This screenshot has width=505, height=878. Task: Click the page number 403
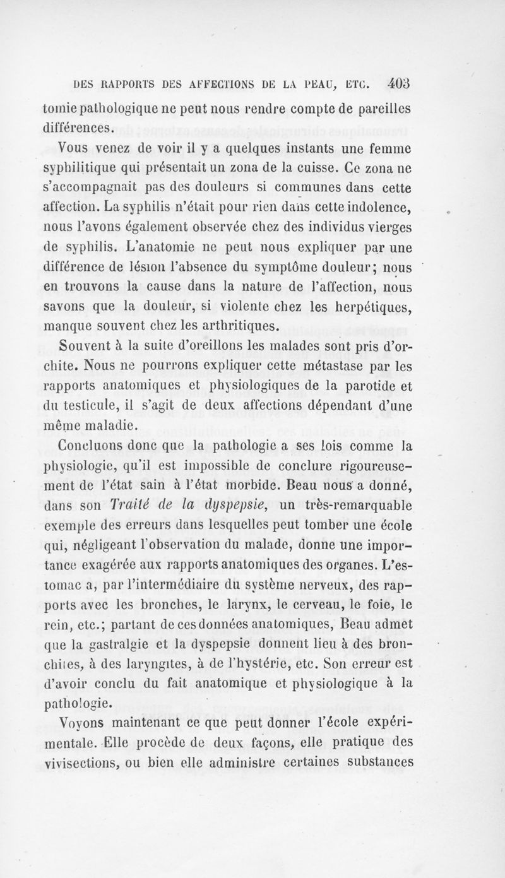click(401, 83)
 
